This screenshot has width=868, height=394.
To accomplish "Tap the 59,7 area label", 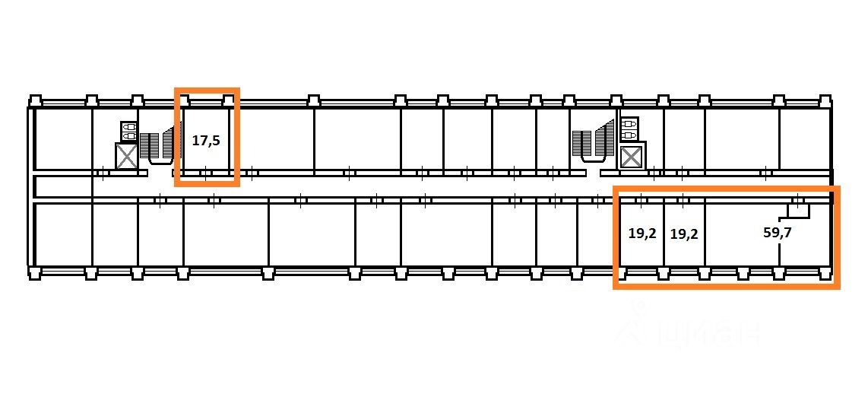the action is coord(777,234).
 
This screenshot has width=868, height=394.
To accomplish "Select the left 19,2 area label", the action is coord(641,234).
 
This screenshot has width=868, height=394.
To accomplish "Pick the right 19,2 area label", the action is coord(684,234).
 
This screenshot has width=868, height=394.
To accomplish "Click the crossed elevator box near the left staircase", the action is coord(127,157).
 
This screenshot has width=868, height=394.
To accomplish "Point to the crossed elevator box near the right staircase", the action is coord(632,157).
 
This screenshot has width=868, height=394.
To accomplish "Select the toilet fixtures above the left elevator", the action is coord(128,131).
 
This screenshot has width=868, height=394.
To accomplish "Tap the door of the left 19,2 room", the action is coord(640,201).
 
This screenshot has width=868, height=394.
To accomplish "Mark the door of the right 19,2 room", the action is coord(683,201).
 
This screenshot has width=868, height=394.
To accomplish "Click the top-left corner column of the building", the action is coord(35,100).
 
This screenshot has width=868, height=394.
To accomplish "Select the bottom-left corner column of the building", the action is coord(35,273).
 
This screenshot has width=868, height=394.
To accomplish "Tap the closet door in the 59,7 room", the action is coord(797,203).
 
